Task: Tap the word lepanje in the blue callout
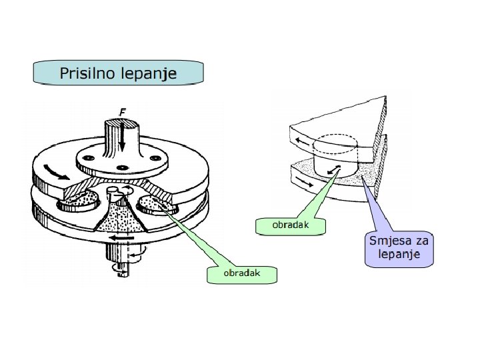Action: point(399,254)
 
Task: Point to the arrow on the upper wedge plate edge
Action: point(303,141)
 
